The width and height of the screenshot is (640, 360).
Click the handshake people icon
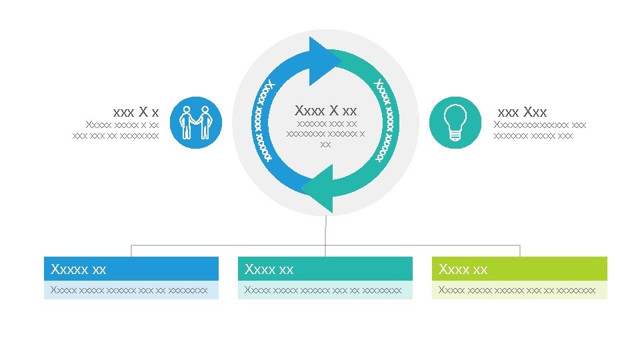pos(195,123)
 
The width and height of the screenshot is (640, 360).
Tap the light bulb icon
pos(455,123)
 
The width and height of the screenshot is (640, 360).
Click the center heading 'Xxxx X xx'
pos(325,111)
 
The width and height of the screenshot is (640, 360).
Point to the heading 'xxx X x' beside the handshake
pos(136,112)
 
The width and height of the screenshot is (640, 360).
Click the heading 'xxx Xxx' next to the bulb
pos(522,112)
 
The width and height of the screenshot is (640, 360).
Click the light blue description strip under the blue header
pos(131,290)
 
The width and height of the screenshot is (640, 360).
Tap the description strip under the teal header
pos(325,290)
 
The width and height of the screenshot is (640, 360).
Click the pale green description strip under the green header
pos(519,290)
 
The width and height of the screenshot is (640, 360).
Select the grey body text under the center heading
pos(325,133)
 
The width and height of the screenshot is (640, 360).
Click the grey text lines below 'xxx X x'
pos(116,130)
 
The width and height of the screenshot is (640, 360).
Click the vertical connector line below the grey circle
pos(325,230)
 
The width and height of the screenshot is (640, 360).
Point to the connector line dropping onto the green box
pos(519,251)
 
